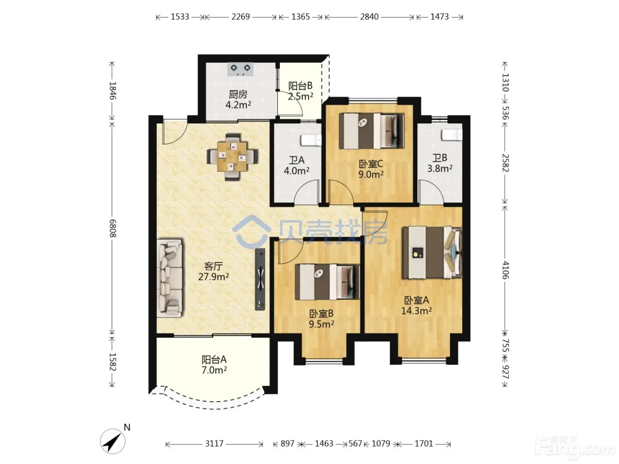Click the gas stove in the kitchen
pos(241,69)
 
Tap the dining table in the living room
pos(233,157)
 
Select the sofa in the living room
pos(171,278)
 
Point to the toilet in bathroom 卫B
pos(452,135)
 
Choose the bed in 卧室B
pos(328,282)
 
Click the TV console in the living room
pos(260,279)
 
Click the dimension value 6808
pos(112,228)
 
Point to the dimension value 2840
pos(369,17)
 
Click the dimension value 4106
pos(505,270)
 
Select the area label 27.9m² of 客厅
pos(214,277)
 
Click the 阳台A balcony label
pos(214,359)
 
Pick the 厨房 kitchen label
pos(238,95)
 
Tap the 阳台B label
pos(300,86)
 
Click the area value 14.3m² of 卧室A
pos(416,311)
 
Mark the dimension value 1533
pos(180,17)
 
